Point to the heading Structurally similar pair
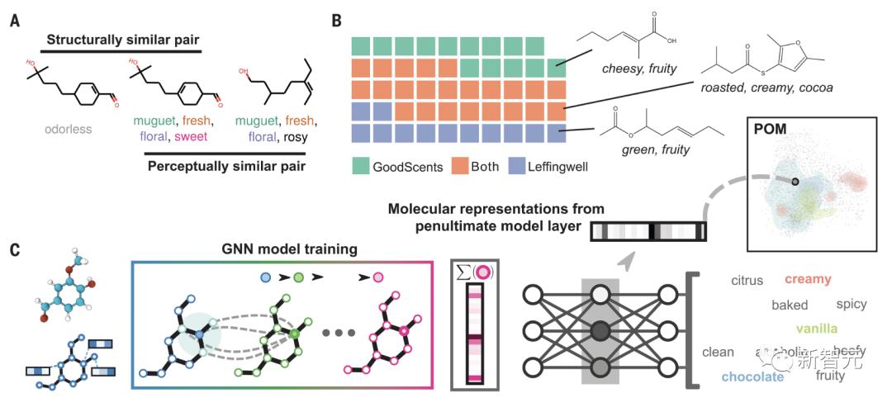click(121, 39)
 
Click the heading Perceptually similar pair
click(225, 165)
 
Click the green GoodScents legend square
click(362, 165)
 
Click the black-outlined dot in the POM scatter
click(795, 181)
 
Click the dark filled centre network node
click(600, 331)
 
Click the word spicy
click(852, 304)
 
